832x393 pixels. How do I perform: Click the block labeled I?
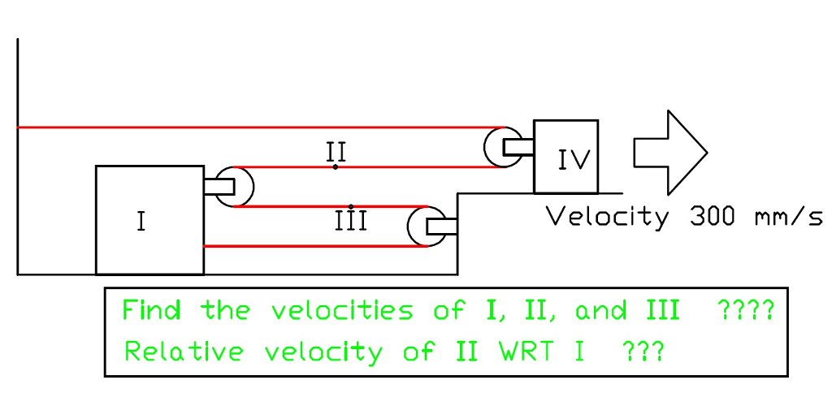click(x=149, y=220)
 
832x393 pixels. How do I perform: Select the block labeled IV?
click(x=565, y=157)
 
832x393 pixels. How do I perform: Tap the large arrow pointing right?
click(x=670, y=152)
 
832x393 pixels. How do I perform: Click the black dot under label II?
click(x=336, y=166)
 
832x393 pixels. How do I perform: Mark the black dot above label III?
click(x=350, y=205)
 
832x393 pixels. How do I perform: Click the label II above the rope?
click(x=336, y=151)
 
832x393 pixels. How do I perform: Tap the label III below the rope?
click(x=350, y=221)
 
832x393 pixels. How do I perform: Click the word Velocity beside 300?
click(x=608, y=218)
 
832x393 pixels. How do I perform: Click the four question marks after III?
click(x=746, y=310)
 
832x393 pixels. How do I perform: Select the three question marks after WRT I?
click(x=642, y=352)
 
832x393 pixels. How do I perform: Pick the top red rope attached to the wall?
click(x=244, y=127)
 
